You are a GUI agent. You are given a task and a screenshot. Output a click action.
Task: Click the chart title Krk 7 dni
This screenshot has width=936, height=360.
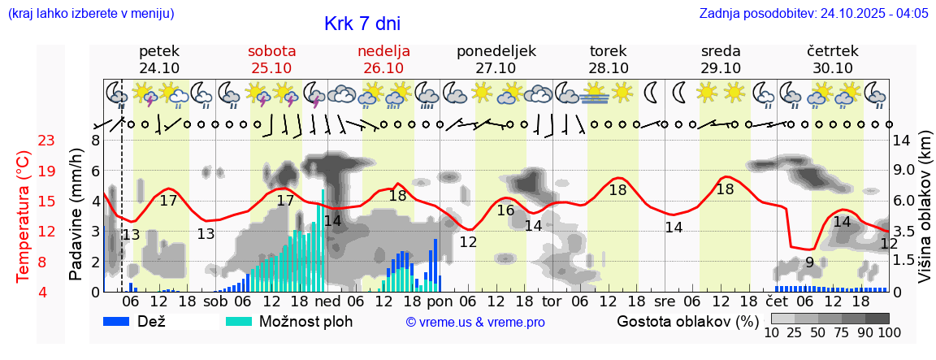(x=362, y=24)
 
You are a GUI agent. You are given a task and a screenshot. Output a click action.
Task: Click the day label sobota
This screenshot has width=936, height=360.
(x=271, y=51)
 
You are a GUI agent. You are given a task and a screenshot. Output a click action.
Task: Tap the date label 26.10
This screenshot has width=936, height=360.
(x=383, y=68)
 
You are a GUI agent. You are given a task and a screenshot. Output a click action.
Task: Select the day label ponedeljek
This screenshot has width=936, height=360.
(x=496, y=51)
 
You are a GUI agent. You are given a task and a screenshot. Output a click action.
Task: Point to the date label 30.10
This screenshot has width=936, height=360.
(x=832, y=68)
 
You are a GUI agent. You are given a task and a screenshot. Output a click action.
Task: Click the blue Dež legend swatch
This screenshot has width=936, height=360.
(x=118, y=321)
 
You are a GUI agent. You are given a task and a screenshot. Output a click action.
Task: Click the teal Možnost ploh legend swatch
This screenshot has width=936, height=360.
(x=240, y=321)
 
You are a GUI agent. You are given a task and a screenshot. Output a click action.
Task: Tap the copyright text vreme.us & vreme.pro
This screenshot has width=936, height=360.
(x=475, y=323)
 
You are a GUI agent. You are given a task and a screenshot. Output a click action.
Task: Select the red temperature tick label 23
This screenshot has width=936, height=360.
(x=46, y=141)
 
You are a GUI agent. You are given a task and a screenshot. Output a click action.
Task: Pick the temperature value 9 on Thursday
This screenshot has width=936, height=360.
(x=809, y=262)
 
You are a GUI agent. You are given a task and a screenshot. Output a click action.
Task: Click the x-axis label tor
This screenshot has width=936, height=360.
(x=552, y=301)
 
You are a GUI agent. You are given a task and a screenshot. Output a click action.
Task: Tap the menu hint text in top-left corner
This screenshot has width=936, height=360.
(x=90, y=14)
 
